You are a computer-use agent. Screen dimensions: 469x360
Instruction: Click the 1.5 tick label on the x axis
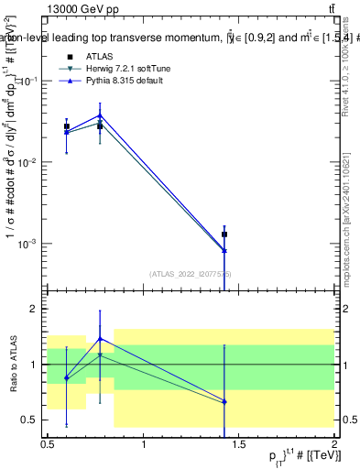238,444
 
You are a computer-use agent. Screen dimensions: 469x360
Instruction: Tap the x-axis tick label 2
333,444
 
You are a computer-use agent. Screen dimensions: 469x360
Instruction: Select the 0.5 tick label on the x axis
48,444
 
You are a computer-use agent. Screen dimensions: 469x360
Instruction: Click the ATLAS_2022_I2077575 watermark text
191,273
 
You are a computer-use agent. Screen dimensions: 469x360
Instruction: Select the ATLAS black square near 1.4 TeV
224,234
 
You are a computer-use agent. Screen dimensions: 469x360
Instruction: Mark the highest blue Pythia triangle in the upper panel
100,115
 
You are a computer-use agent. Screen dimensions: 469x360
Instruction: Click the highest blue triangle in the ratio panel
100,338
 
